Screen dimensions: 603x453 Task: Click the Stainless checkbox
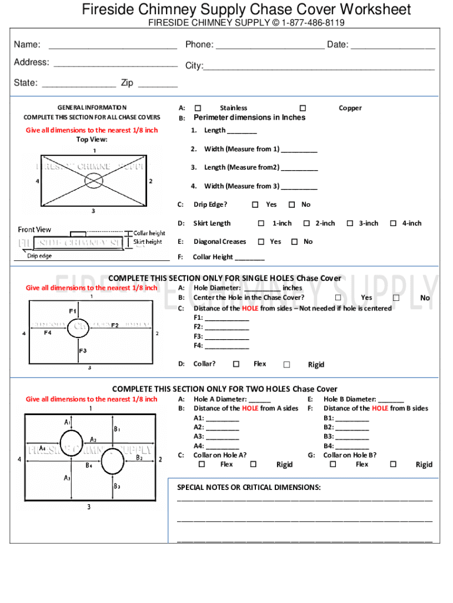198,108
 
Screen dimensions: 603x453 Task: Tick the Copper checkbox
302,108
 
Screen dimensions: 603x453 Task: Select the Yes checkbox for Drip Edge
255,205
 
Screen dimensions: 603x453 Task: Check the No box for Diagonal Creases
294,241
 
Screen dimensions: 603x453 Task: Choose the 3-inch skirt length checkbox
350,223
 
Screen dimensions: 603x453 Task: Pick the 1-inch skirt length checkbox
261,223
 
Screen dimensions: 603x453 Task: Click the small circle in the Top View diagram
94,180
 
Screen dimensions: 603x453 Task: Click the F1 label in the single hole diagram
72,310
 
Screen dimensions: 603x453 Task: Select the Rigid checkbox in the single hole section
287,365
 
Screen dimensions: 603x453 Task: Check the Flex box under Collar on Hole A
202,464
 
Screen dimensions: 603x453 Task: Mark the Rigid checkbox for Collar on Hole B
393,464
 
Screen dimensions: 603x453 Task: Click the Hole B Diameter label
350,399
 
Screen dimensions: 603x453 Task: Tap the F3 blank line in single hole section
226,337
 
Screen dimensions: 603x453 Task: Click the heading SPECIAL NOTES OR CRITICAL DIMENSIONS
249,487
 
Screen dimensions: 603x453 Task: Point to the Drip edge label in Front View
39,256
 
